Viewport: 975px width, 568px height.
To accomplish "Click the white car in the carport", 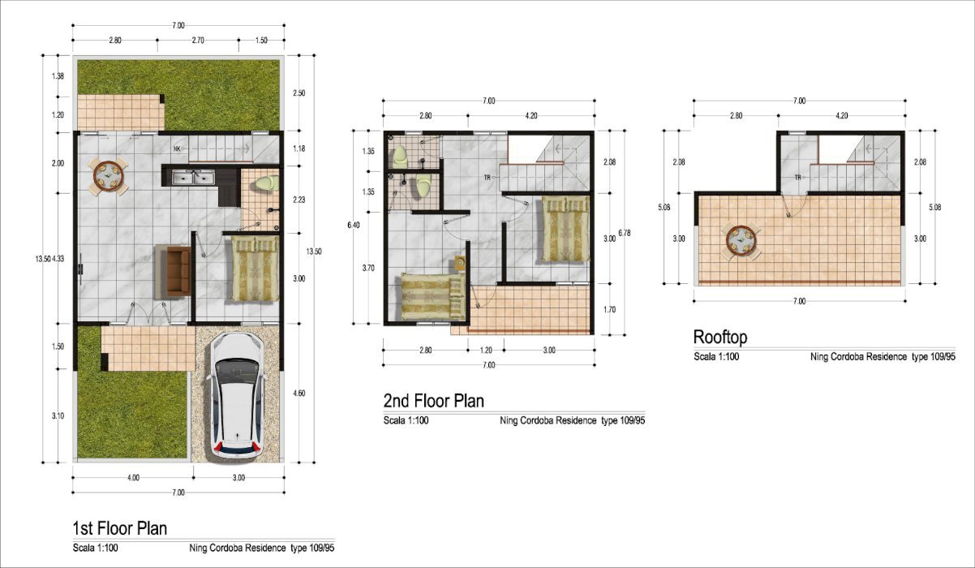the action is pyautogui.click(x=237, y=395).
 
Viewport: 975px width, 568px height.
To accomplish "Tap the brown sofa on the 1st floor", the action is pyautogui.click(x=178, y=272).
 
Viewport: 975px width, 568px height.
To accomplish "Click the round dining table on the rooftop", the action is pyautogui.click(x=741, y=241).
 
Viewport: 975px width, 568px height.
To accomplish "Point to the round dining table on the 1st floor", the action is pyautogui.click(x=109, y=177).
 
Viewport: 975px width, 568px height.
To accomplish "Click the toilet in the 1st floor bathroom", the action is pyautogui.click(x=267, y=183).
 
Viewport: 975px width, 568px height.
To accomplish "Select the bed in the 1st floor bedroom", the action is pyautogui.click(x=255, y=269).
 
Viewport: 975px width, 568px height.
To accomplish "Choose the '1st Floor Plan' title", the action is pyautogui.click(x=120, y=528).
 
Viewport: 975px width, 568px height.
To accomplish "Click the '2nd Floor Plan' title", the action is pyautogui.click(x=433, y=401).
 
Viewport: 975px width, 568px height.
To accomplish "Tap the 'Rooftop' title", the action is pyautogui.click(x=720, y=337).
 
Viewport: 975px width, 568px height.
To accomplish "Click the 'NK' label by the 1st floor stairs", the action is pyautogui.click(x=177, y=148).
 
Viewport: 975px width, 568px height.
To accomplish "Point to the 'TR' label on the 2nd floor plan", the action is pyautogui.click(x=487, y=177).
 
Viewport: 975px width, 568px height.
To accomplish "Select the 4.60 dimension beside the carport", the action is pyautogui.click(x=299, y=394).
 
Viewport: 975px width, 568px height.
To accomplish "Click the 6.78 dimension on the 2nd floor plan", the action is pyautogui.click(x=624, y=233).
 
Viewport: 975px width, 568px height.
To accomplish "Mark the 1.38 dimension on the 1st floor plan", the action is pyautogui.click(x=58, y=76).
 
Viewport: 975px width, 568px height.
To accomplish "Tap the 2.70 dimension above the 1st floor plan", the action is pyautogui.click(x=198, y=41).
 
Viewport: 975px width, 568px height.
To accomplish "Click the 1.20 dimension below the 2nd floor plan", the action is pyautogui.click(x=486, y=351).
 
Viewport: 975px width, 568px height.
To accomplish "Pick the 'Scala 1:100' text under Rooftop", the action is pyautogui.click(x=716, y=357).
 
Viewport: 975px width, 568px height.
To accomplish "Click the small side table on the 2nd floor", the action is pyautogui.click(x=460, y=263).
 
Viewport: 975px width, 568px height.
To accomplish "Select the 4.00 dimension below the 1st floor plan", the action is pyautogui.click(x=133, y=478).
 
